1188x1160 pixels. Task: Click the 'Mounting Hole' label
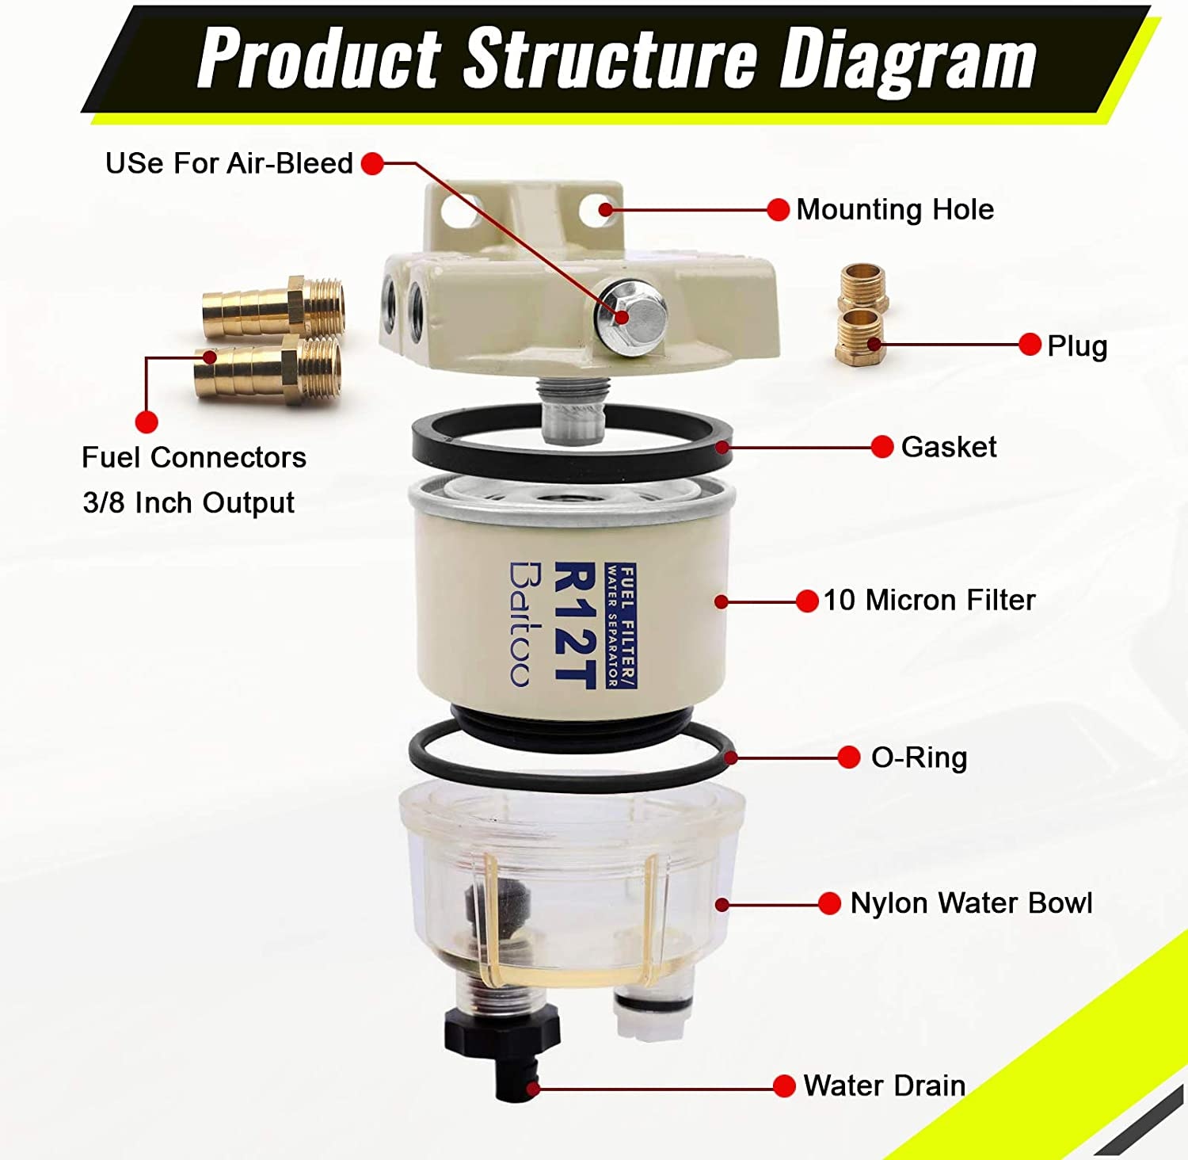point(894,210)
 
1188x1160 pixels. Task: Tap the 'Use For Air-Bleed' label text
point(229,163)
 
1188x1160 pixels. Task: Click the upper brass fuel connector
point(273,304)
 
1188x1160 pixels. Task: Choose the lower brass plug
point(860,338)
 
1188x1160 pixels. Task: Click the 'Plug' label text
point(1077,345)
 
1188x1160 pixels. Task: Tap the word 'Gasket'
point(948,447)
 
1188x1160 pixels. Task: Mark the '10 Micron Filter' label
point(929,601)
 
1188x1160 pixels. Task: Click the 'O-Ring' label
point(919,757)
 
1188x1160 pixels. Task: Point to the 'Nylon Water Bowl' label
point(971,903)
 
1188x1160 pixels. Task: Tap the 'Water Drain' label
point(884,1086)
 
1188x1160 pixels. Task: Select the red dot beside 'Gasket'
point(881,447)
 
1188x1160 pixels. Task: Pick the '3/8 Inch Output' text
point(188,503)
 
